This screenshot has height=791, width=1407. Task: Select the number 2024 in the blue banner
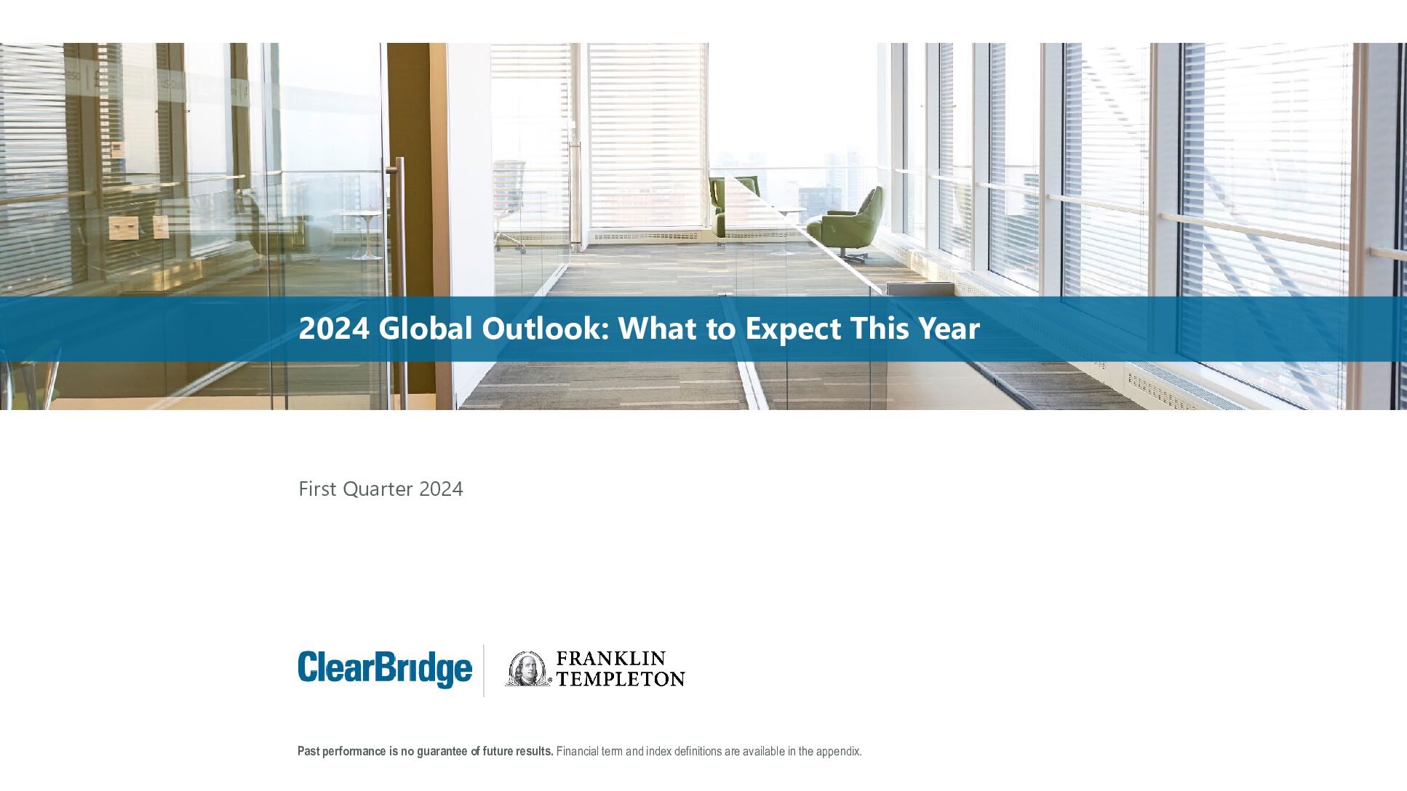coord(334,329)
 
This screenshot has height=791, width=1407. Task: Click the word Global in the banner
coord(426,329)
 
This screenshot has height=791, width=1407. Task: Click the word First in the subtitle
coord(317,489)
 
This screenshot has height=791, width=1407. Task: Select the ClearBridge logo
coord(385,669)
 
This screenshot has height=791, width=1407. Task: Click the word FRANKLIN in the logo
coord(611,659)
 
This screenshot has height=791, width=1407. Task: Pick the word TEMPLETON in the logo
coord(621,679)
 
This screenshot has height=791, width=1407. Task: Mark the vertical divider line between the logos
coord(484,670)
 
